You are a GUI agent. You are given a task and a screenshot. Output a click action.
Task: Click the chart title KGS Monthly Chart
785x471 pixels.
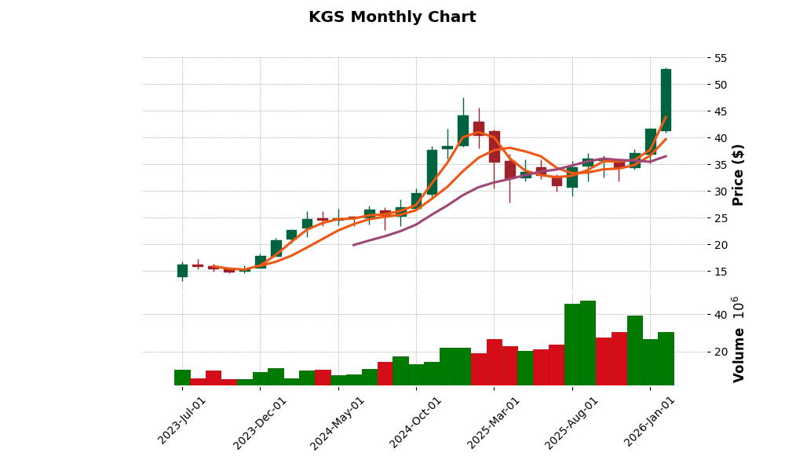(x=392, y=17)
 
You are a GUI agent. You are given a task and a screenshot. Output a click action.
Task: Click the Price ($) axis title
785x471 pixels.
(x=738, y=174)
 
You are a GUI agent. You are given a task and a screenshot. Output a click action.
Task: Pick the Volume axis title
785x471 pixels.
(x=738, y=339)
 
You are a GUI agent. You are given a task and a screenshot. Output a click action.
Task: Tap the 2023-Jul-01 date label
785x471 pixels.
(x=182, y=420)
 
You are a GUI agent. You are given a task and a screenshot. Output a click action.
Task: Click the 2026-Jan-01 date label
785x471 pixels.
(x=650, y=420)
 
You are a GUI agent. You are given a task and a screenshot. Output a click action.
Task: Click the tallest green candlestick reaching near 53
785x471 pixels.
(x=666, y=100)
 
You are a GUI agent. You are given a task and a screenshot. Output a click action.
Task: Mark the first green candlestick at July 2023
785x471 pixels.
(x=182, y=271)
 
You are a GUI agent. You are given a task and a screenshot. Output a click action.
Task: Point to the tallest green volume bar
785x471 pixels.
(x=588, y=343)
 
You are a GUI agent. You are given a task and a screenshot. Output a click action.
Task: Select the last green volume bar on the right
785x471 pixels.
(x=666, y=359)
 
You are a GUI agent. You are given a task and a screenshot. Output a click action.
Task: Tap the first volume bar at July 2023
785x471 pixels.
(x=182, y=378)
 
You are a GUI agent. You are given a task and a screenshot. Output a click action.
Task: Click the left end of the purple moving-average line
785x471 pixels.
(x=354, y=245)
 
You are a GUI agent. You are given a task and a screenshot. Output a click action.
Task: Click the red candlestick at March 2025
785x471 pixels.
(x=494, y=147)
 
